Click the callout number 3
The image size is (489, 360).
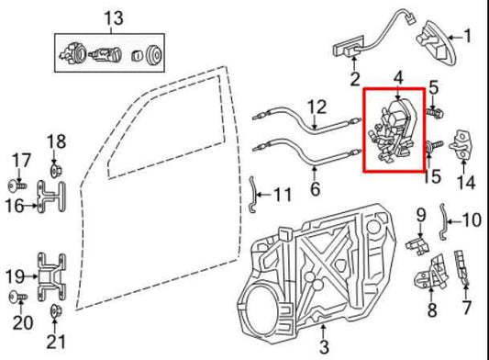[x=323, y=347]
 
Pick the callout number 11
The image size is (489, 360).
[x=281, y=195]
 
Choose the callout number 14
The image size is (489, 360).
[x=467, y=183]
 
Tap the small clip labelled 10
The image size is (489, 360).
[x=445, y=218]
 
